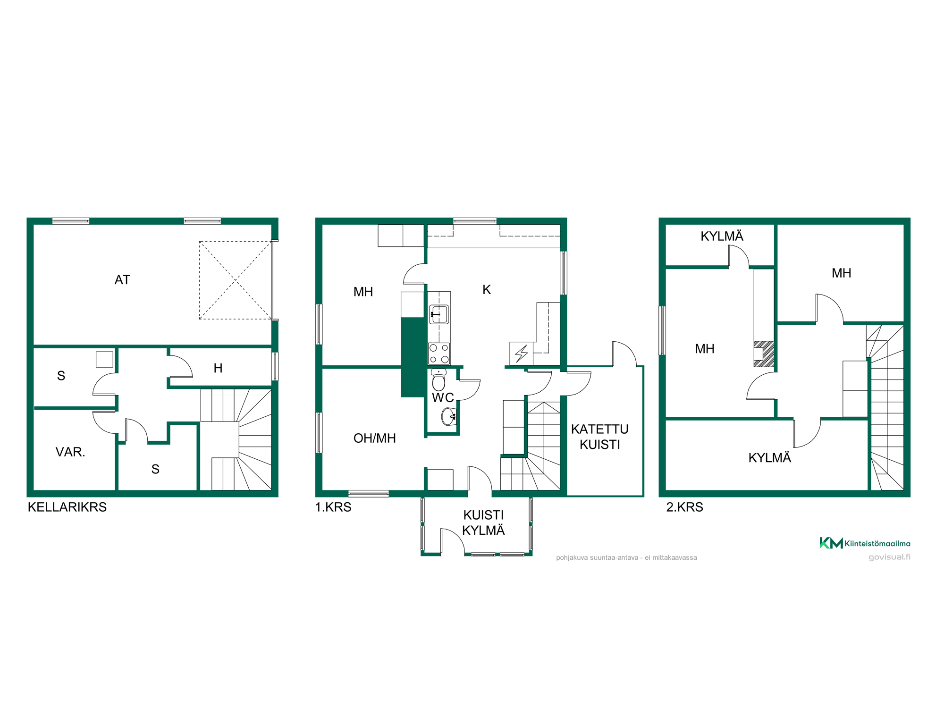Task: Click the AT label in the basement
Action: [122, 280]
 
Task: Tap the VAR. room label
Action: [70, 452]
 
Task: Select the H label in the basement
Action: [218, 368]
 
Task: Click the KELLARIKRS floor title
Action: [67, 507]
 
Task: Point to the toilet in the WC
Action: [438, 380]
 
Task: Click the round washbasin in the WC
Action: [448, 416]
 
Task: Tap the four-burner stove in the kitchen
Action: [439, 354]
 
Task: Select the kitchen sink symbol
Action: [439, 314]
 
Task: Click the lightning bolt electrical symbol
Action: [522, 353]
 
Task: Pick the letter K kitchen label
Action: [487, 289]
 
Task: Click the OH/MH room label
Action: [375, 438]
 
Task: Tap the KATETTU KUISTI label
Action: [600, 437]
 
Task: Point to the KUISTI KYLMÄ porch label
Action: [483, 523]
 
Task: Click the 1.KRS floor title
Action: [333, 507]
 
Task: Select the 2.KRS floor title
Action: [684, 507]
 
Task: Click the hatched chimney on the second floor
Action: [764, 354]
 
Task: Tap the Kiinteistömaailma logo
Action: [865, 543]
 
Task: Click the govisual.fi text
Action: [890, 557]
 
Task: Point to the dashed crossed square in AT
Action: [236, 280]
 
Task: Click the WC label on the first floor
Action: [443, 398]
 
